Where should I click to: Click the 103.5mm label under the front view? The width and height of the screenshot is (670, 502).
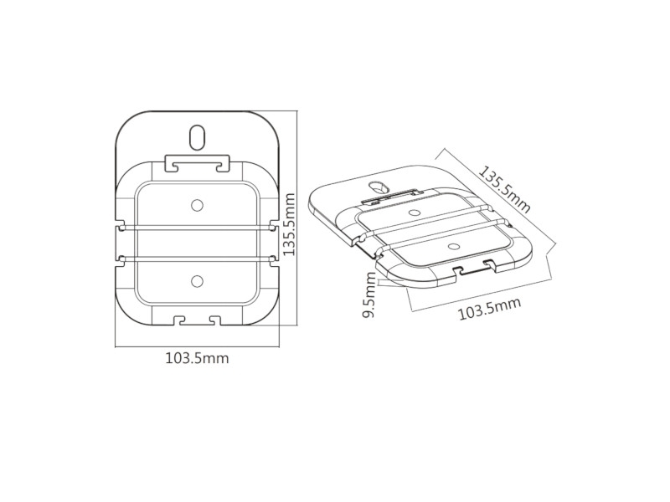tap(197, 358)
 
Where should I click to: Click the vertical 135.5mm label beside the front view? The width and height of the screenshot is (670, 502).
tap(289, 224)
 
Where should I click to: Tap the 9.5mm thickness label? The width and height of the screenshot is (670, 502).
tap(368, 295)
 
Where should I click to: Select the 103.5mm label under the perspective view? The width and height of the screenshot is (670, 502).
tap(489, 308)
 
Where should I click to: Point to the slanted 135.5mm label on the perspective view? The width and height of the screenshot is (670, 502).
tap(504, 189)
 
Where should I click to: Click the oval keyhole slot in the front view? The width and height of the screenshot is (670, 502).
tap(198, 136)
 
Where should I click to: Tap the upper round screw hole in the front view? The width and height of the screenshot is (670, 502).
tap(197, 205)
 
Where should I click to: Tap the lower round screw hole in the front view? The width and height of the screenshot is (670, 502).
tap(197, 281)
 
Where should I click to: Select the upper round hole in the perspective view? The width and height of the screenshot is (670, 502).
tap(414, 213)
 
